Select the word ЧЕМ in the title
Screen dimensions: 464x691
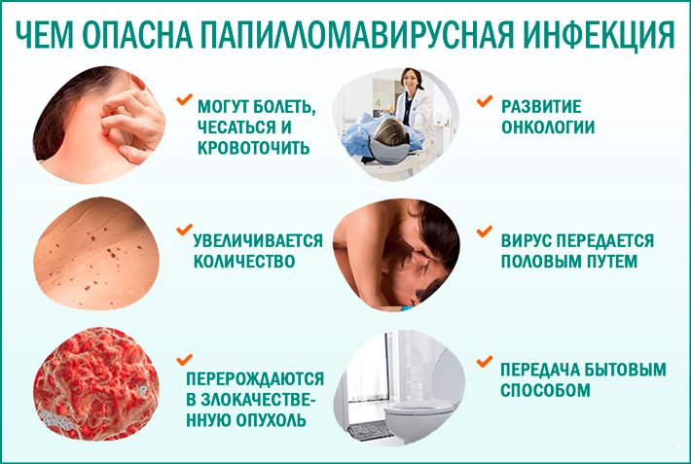tap(50, 32)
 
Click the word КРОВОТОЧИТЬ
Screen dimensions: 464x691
tap(254, 148)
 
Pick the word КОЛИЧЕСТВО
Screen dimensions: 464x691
tap(245, 263)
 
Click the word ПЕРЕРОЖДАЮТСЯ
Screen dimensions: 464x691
tap(256, 379)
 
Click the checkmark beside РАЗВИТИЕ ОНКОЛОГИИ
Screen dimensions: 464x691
tap(483, 100)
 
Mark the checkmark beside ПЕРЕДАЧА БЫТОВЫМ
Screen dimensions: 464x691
tap(483, 362)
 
